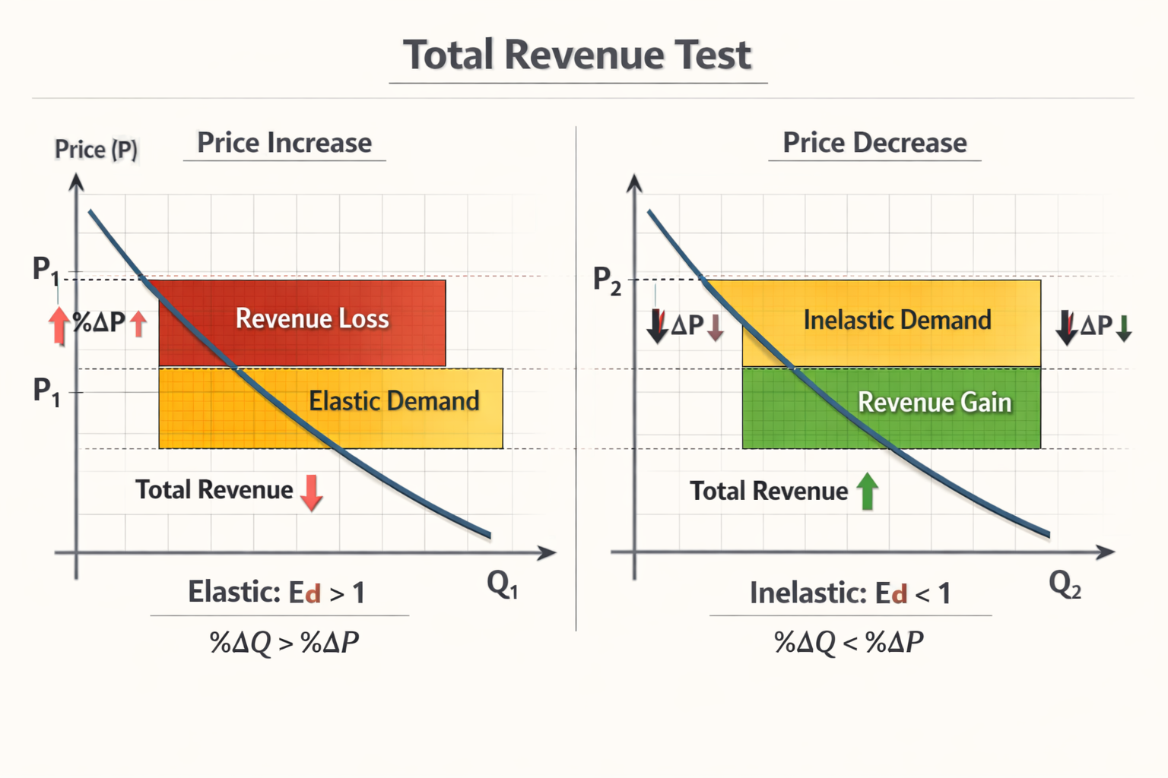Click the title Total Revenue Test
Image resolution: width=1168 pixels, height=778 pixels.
coord(577,55)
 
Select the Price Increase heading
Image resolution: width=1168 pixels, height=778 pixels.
coord(284,143)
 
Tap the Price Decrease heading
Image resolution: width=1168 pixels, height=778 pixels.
coord(874,143)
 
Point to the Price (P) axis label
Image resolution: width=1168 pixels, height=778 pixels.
coord(96,149)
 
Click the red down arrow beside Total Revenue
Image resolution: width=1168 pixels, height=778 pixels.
coord(312,492)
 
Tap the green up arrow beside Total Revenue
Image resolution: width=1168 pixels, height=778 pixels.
coord(868,491)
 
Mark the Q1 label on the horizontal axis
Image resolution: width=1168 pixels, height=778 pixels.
coord(502,585)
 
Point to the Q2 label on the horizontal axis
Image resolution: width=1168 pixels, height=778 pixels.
coord(1065,585)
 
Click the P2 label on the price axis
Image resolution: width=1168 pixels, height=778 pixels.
coord(607,281)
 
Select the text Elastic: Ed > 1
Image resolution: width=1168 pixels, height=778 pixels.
coord(277,593)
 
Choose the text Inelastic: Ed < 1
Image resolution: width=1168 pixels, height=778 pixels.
coord(850,593)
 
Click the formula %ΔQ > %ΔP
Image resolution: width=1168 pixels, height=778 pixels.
coord(284,643)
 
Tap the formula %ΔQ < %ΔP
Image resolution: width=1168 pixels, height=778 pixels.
coord(849,643)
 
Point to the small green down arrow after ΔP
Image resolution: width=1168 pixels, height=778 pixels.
coord(1124,327)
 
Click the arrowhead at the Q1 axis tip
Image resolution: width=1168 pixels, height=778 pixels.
coord(547,553)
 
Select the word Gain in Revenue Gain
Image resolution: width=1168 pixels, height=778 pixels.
coord(985,403)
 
